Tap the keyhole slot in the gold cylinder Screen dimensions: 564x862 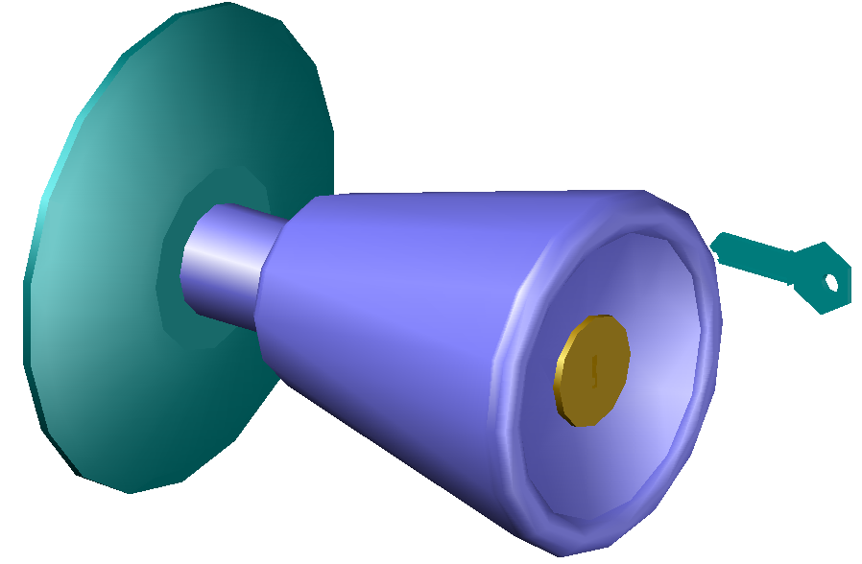point(595,369)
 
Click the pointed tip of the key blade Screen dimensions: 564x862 point(715,246)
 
